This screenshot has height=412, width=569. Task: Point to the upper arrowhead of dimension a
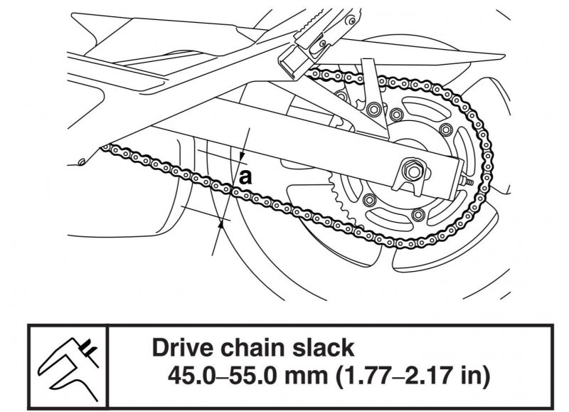coord(241,160)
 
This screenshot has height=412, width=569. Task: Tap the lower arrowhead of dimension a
coord(222,223)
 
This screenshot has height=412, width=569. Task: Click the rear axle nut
coord(411,171)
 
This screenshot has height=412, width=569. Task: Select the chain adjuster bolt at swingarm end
coord(470,183)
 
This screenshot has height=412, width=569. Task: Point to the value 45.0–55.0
coord(217,374)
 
